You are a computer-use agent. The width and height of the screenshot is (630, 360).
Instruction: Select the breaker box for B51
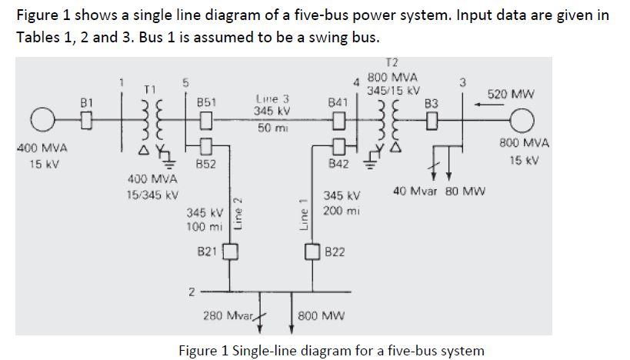[x=205, y=120]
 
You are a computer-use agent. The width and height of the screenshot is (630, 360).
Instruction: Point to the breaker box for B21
[x=230, y=251]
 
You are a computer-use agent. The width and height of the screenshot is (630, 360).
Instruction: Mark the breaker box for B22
[x=312, y=252]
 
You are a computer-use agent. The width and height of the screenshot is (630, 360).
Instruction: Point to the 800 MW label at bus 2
[x=322, y=315]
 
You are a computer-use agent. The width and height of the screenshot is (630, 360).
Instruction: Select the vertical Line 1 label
[x=303, y=213]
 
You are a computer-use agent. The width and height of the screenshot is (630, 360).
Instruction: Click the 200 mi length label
[x=339, y=210]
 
